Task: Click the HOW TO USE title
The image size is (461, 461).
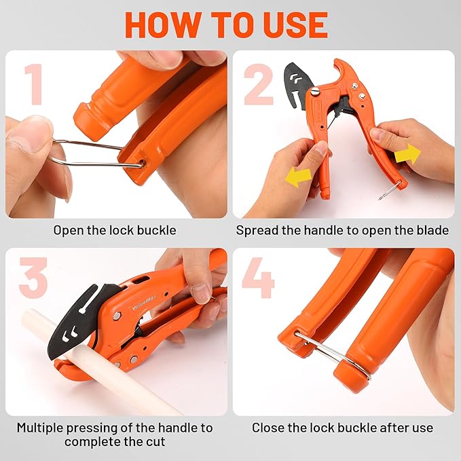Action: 226,24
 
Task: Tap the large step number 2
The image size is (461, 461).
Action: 258,85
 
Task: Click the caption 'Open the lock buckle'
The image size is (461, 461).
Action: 115,230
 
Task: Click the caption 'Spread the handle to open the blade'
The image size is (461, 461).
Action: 342,230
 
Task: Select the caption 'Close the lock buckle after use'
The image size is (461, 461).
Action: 342,428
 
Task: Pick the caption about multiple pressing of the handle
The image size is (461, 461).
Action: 115,435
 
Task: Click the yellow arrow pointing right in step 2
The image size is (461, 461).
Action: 407,153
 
